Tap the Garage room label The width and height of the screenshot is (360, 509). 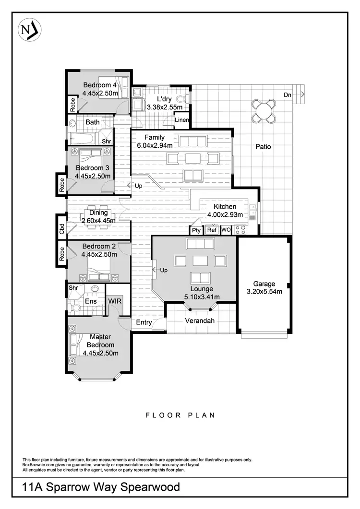point(264,284)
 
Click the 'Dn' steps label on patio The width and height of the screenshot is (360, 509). point(288,95)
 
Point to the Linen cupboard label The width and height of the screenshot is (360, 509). point(182,120)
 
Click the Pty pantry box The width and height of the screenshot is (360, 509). point(196,230)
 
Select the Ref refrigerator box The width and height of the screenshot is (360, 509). point(212,230)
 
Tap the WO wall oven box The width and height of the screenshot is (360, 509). point(226,230)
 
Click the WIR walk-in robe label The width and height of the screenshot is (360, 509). point(115,301)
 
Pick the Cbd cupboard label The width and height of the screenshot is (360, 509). point(61,229)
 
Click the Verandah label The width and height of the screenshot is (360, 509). point(201,321)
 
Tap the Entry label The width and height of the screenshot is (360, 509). point(144,322)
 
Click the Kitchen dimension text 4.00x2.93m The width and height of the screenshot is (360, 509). point(225,214)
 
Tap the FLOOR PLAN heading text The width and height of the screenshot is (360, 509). point(180,415)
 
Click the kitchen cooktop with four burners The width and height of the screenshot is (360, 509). point(241,230)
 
